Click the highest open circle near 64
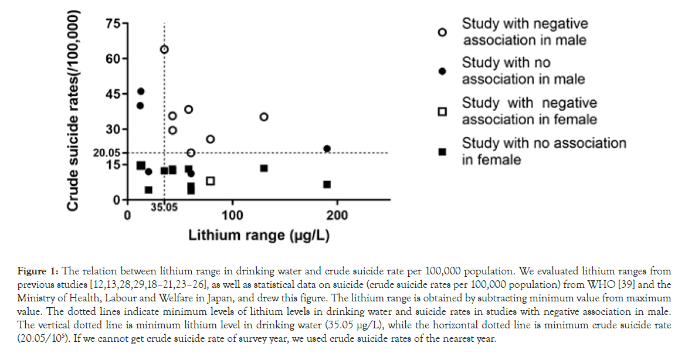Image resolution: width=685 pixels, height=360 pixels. [x=164, y=49]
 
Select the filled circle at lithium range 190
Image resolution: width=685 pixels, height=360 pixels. [x=327, y=149]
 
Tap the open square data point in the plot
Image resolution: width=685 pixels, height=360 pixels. [x=211, y=181]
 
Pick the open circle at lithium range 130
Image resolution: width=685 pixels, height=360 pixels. [x=264, y=117]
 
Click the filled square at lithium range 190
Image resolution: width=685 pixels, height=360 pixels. [x=327, y=185]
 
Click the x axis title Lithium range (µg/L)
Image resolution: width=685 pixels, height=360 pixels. [x=258, y=236]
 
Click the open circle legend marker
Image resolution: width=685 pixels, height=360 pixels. [x=443, y=33]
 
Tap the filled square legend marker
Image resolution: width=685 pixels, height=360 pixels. [x=443, y=151]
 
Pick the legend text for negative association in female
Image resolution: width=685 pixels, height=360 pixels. [x=529, y=111]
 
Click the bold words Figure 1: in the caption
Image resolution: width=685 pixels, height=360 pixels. [x=38, y=271]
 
